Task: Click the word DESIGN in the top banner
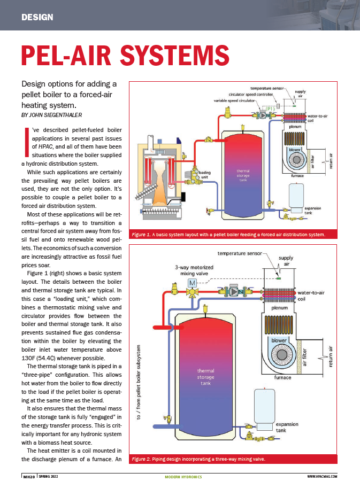click(x=37, y=17)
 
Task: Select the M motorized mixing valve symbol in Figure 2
click(x=190, y=281)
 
